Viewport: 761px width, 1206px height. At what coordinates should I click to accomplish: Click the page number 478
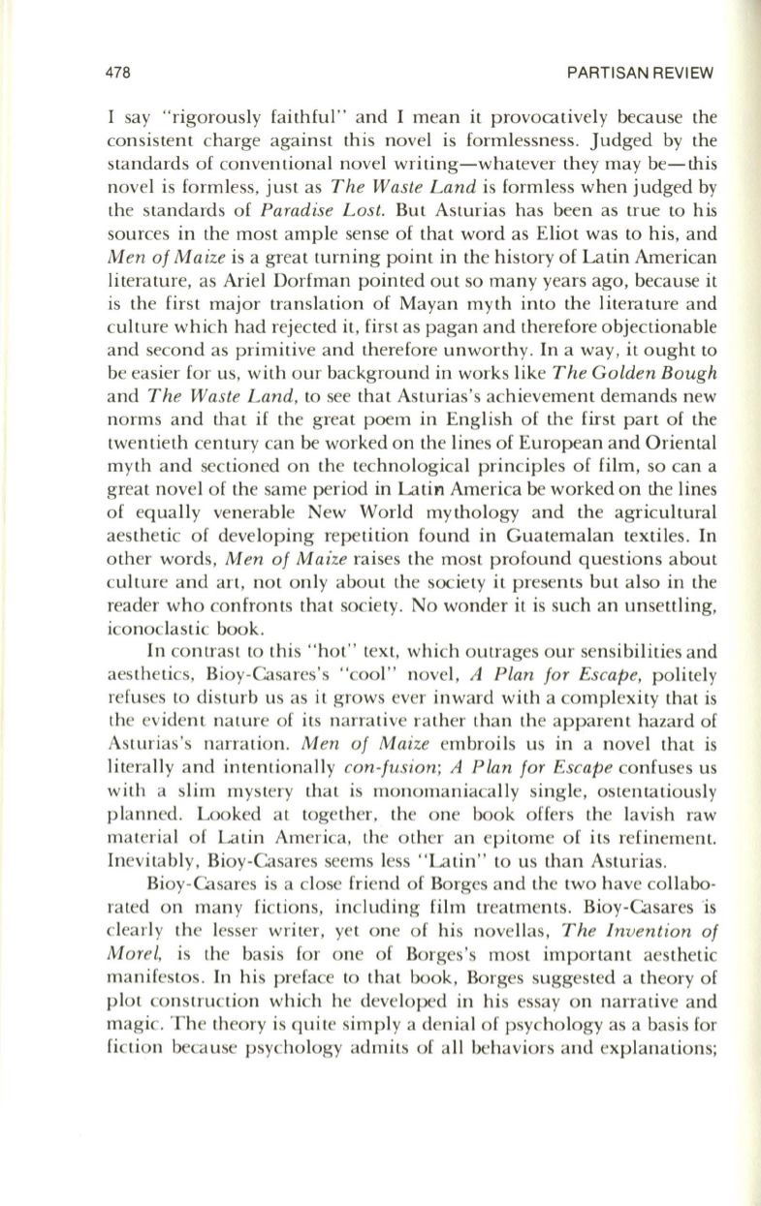coord(120,74)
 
